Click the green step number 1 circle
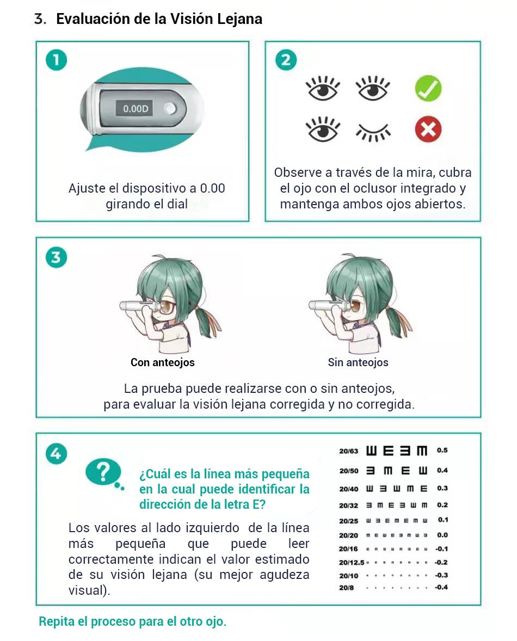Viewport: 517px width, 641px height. coord(56,60)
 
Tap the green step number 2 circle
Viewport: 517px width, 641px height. coord(286,60)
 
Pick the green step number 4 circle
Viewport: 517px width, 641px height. coord(56,453)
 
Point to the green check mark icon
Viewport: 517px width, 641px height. coord(428,89)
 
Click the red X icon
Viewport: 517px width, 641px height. coord(428,130)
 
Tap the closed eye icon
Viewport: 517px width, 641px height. coord(373,131)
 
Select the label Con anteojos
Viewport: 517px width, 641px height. coord(162,362)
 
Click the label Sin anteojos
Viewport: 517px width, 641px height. coord(358,362)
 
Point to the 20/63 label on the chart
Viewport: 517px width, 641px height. coord(348,451)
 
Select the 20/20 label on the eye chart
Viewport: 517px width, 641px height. coord(348,535)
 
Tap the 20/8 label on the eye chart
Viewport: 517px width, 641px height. coord(346,588)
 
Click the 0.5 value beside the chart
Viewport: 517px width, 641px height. coord(442,451)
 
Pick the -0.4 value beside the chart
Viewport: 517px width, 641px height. coord(441,588)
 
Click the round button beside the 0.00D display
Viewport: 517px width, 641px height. coord(171,109)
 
